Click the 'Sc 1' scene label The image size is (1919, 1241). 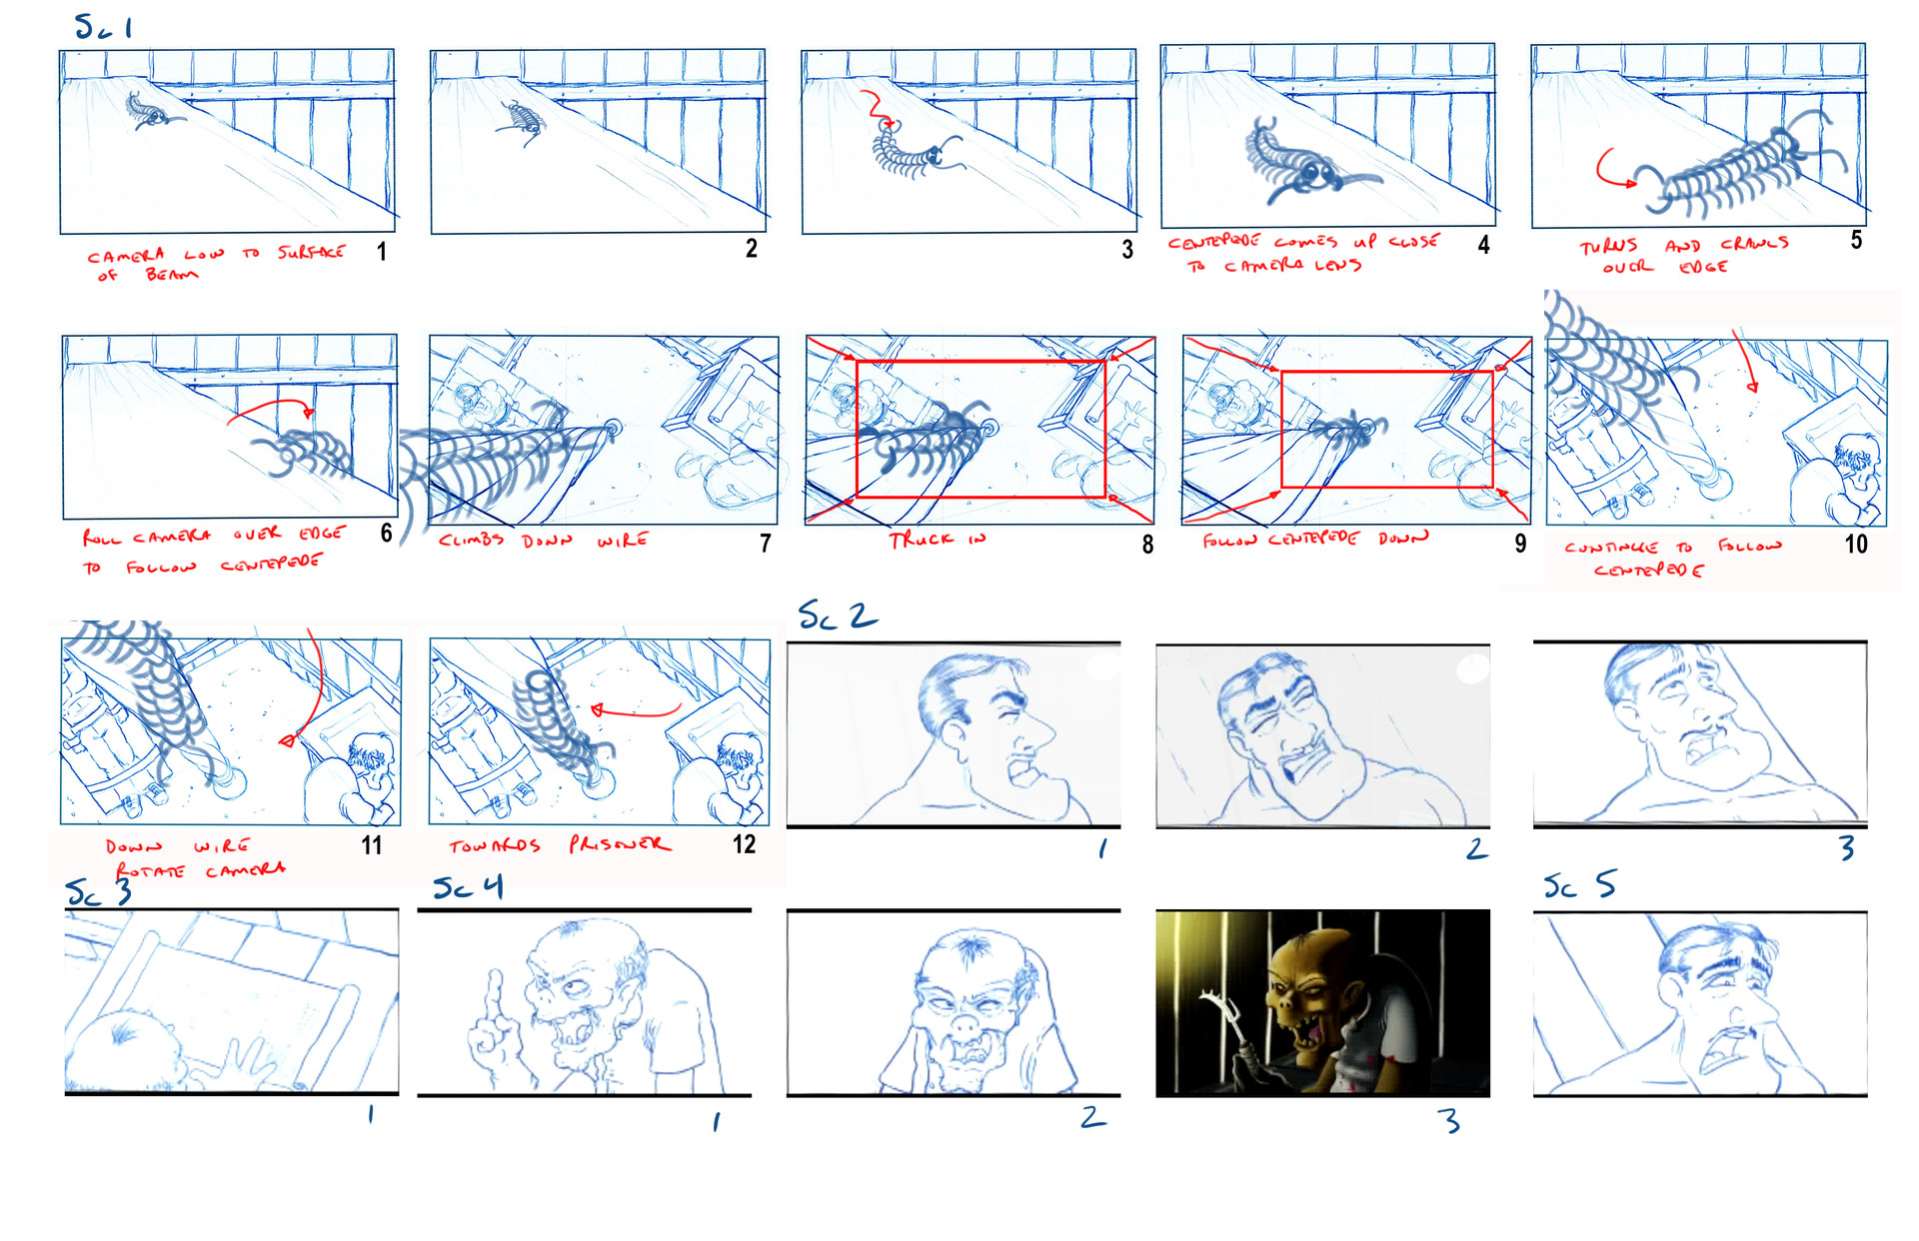click(x=103, y=27)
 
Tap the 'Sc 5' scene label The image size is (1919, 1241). click(x=1579, y=885)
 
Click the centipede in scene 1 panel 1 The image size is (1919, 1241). click(x=148, y=110)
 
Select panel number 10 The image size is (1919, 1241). click(x=1856, y=545)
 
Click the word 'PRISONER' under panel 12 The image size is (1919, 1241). click(x=620, y=844)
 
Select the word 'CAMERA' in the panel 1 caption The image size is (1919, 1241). click(x=125, y=256)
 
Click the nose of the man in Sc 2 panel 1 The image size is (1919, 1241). click(x=1039, y=736)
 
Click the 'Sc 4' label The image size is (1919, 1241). click(x=467, y=887)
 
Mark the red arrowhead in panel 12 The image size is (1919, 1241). click(x=597, y=710)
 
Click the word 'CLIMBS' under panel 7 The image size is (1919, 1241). click(x=470, y=541)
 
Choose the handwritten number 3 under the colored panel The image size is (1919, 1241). click(x=1449, y=1121)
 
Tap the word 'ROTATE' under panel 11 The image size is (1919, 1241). click(x=150, y=871)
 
